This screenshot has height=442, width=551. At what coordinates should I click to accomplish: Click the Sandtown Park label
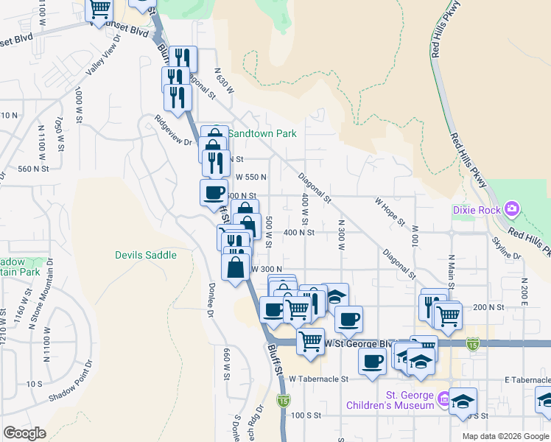(262, 134)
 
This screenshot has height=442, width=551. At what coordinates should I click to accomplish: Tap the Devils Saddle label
(146, 255)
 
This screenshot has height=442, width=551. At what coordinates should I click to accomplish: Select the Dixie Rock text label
(475, 210)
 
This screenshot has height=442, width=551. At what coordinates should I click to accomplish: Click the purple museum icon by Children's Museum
(443, 400)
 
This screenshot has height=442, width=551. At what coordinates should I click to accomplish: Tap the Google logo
(24, 433)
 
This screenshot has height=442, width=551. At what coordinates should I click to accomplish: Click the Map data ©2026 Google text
(505, 436)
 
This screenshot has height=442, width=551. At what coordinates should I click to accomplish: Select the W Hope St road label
(390, 211)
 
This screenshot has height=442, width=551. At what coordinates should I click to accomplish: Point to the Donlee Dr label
(209, 303)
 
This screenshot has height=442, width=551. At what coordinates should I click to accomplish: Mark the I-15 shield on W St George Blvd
(471, 343)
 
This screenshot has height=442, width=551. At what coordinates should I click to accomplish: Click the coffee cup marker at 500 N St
(214, 193)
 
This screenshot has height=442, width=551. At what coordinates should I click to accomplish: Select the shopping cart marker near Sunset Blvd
(99, 9)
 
